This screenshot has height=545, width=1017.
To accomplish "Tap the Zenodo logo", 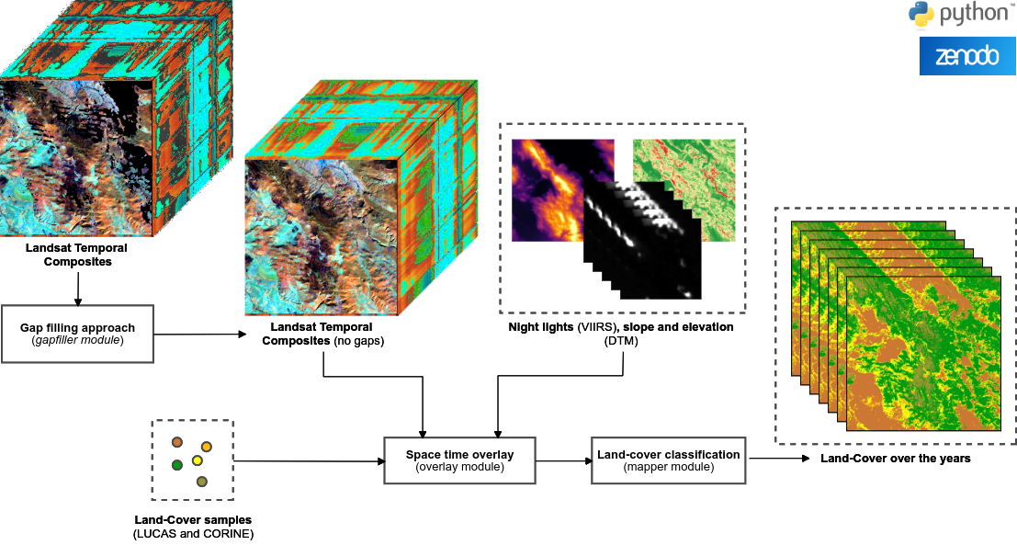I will [966, 56].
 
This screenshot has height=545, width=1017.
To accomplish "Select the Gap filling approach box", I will [77, 333].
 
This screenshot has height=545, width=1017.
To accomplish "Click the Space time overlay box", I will [459, 460].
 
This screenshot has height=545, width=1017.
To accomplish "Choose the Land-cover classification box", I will [668, 460].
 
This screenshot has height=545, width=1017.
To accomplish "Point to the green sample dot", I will [177, 465].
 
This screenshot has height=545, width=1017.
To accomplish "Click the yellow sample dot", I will [197, 460].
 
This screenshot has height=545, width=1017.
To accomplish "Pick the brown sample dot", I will [177, 442].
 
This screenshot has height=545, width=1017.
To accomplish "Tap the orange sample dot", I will [207, 447].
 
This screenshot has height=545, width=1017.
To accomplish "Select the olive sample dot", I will [202, 481].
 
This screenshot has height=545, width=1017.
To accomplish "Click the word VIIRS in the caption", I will [596, 327].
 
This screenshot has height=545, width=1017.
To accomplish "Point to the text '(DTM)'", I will [621, 341].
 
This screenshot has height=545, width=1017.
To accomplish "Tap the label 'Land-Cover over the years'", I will [895, 459].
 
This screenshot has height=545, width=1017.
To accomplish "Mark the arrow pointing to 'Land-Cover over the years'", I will [776, 459].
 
